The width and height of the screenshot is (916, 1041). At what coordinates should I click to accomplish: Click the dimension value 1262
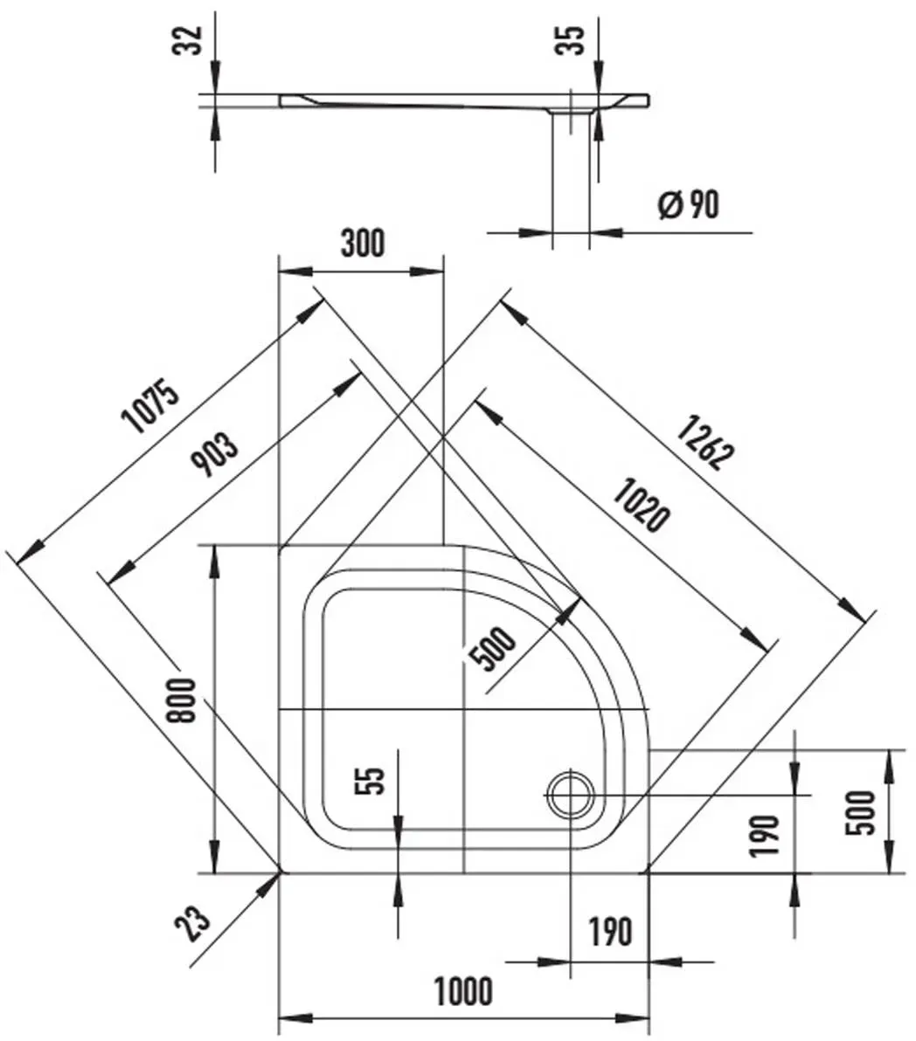point(705,442)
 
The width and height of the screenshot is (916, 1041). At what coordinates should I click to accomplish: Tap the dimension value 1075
point(151,405)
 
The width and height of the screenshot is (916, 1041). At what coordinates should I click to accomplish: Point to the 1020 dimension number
point(641,506)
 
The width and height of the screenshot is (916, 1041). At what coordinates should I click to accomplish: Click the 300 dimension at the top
point(363,243)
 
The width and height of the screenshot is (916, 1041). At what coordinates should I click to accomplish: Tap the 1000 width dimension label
point(463,991)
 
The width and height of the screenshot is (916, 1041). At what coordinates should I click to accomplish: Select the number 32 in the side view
point(187,40)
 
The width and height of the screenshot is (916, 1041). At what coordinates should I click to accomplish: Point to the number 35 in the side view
point(570,40)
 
